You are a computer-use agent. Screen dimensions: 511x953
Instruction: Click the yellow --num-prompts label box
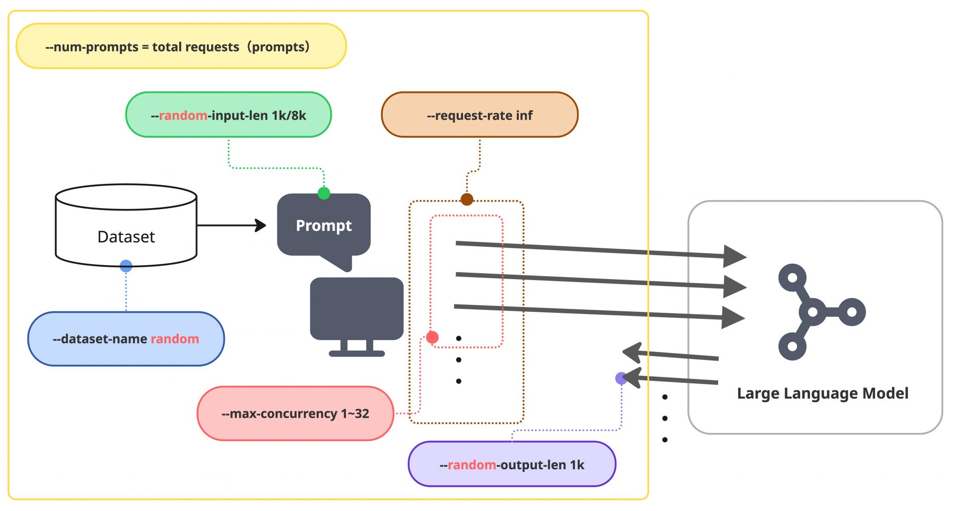point(181,46)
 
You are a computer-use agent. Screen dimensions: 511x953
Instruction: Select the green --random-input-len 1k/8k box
point(228,115)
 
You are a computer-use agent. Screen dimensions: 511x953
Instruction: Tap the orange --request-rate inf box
point(479,115)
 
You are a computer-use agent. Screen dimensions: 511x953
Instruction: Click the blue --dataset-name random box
point(126,339)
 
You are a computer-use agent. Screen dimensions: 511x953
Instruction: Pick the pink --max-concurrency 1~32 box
point(295,413)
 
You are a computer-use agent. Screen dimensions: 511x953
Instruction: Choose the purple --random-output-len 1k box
point(512,464)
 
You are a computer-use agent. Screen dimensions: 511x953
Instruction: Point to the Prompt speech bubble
point(324,226)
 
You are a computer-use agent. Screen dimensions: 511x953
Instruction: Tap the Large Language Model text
point(822,393)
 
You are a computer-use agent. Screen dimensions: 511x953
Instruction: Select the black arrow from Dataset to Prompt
point(231,225)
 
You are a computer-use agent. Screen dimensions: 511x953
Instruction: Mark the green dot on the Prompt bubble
point(324,193)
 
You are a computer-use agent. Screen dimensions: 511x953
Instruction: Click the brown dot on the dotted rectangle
point(467,200)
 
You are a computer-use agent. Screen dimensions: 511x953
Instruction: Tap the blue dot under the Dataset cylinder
point(126,266)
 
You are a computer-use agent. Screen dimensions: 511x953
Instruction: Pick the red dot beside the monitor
point(432,338)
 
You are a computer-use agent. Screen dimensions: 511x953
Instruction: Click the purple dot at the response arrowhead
point(621,378)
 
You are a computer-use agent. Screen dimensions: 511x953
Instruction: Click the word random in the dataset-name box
point(175,339)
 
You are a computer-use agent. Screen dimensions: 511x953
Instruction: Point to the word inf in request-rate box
point(524,115)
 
